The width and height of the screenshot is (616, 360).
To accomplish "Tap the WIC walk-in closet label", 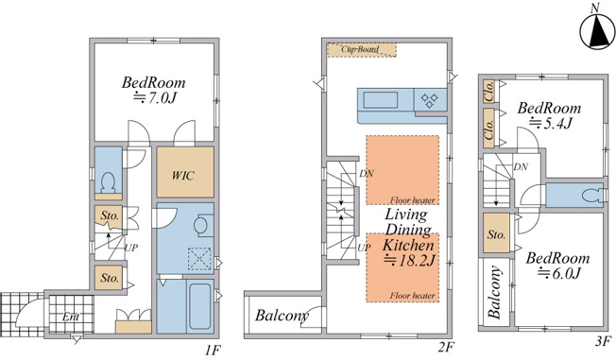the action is [183, 175].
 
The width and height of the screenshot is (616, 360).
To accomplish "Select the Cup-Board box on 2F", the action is [362, 50].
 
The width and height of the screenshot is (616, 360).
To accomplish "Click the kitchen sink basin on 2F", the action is [381, 99].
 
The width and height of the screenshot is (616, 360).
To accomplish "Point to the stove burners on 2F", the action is [429, 100].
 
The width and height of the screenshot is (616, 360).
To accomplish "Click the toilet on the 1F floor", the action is [108, 182].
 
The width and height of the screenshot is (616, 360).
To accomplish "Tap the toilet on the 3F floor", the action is [592, 195].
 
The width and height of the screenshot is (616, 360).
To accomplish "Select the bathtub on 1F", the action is [200, 306].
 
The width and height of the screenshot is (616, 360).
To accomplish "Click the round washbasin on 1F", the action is [200, 226].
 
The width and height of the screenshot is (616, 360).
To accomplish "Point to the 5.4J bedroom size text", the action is [550, 123].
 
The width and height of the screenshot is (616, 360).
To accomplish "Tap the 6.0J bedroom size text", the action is [558, 272].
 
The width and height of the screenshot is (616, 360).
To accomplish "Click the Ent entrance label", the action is [71, 317].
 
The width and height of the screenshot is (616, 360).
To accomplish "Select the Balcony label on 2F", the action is [282, 316].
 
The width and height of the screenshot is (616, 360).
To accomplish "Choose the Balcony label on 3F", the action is [495, 292].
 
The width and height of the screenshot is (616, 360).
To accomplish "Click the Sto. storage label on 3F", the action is [496, 234].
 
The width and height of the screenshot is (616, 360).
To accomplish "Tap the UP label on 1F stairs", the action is [131, 248].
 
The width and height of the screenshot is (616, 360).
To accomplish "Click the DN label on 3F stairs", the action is [521, 167].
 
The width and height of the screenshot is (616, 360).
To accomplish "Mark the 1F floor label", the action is [213, 350].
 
